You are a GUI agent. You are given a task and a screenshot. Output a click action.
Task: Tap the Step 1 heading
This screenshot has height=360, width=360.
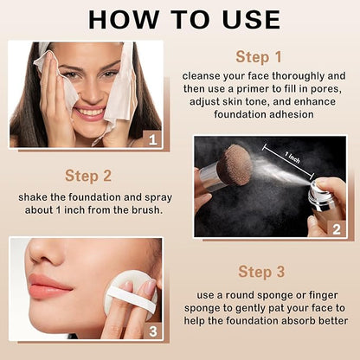[x=260, y=58]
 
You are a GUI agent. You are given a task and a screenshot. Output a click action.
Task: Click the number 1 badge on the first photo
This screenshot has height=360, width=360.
[x=151, y=138]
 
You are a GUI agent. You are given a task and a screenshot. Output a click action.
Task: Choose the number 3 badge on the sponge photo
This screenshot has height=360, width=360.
[x=152, y=329]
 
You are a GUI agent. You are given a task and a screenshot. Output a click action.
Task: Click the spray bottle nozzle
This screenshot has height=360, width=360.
[x=319, y=188]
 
